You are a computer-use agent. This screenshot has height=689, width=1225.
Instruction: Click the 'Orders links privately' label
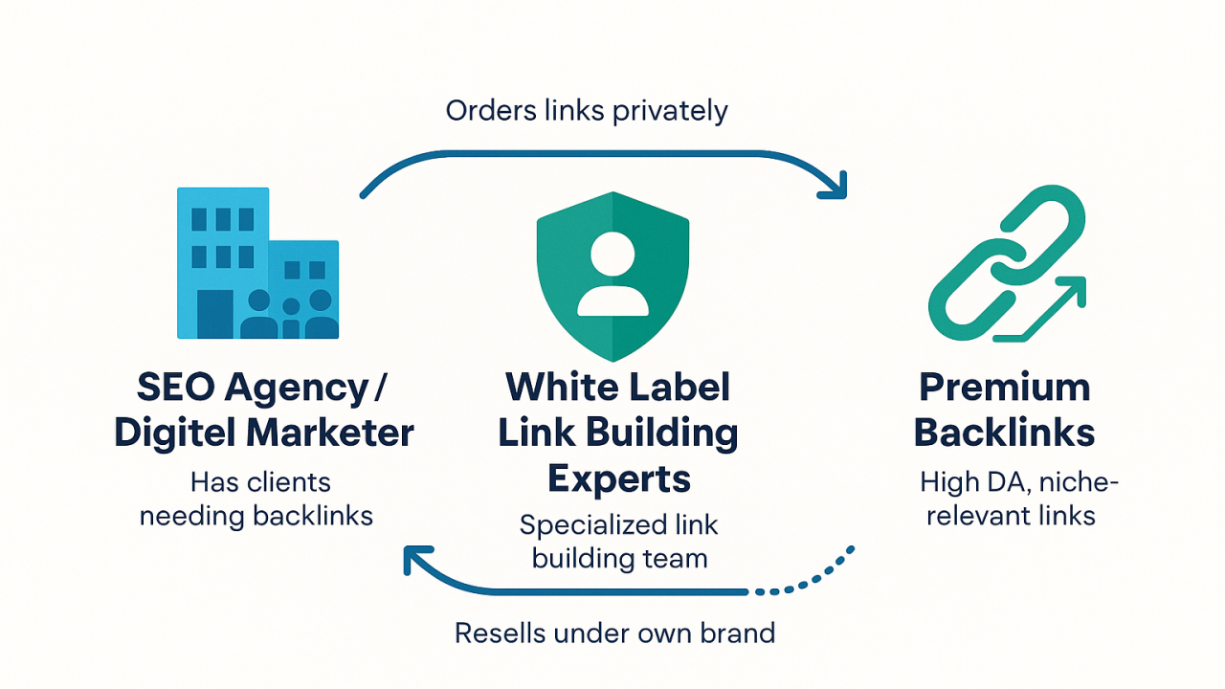pos(587,110)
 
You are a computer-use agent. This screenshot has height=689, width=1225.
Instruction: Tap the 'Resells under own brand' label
pos(614,633)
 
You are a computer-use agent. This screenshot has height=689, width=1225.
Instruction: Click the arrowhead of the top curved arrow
pos(835,188)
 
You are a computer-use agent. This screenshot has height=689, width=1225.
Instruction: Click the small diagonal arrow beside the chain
pos(1054,306)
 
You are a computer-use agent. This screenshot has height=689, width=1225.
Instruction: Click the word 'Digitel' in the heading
pos(172,433)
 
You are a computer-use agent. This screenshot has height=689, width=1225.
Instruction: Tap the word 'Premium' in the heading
pos(1004,388)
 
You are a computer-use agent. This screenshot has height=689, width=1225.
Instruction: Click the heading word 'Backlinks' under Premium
pos(1004,433)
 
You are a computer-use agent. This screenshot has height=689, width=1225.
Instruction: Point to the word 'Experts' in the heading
pos(619,478)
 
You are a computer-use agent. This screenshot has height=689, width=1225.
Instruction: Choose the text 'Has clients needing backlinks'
pos(256,498)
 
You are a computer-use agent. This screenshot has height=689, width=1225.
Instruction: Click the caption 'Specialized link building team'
pos(619,542)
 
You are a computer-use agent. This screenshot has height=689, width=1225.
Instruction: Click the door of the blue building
pos(213,314)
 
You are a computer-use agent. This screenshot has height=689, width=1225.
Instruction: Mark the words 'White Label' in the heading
pos(618,388)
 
